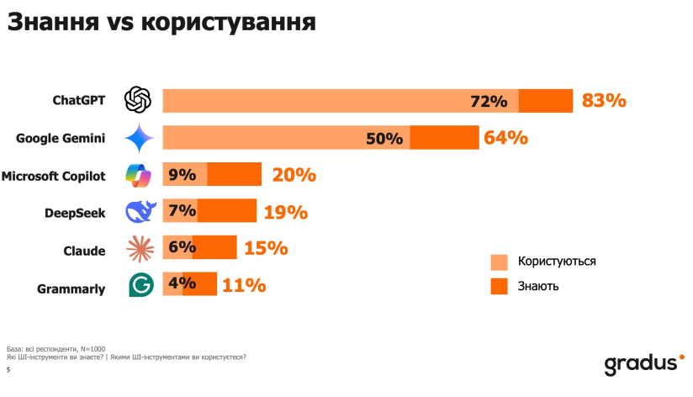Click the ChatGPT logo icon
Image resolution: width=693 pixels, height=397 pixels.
point(137,100)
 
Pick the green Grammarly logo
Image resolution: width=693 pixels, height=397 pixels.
point(140,285)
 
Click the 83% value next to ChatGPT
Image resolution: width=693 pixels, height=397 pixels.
point(604,101)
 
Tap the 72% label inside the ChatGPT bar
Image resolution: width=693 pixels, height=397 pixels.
point(489,102)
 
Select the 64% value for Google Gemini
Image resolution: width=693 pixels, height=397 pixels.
point(505,138)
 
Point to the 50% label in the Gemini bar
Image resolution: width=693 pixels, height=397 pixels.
point(384,139)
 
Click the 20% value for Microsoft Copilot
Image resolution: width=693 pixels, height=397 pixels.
point(294,175)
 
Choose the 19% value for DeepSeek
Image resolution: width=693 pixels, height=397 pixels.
point(285,212)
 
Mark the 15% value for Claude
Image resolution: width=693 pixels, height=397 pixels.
point(266,249)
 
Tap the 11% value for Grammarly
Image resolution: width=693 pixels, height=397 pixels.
point(244,286)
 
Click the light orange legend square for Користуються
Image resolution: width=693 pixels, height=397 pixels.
point(500,262)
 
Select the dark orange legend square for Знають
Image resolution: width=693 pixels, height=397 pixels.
point(500,287)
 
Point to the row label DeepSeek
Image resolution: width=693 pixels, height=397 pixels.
point(74,213)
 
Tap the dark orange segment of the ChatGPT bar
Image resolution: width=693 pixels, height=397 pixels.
point(545,100)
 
